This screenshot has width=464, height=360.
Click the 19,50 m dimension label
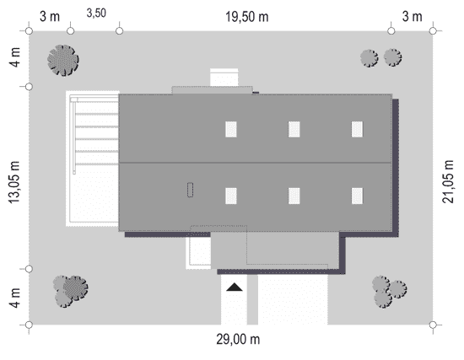pyautogui.click(x=247, y=17)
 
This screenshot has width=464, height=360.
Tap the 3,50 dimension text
pyautogui.click(x=96, y=13)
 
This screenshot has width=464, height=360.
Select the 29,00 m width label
pyautogui.click(x=238, y=339)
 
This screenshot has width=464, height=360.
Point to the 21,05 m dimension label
pyautogui.click(x=448, y=181)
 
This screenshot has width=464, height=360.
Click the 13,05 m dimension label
pyautogui.click(x=13, y=182)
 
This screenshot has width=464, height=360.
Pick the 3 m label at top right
pyautogui.click(x=412, y=16)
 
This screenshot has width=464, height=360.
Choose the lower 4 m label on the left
pyautogui.click(x=15, y=298)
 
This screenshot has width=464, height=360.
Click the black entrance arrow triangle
pyautogui.click(x=235, y=287)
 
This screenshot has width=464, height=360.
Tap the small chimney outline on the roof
pyautogui.click(x=191, y=190)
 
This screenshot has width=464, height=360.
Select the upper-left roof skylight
pyautogui.click(x=231, y=129)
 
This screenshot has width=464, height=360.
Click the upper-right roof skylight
pyautogui.click(x=357, y=129)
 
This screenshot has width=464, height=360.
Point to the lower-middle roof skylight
pyautogui.click(x=294, y=196)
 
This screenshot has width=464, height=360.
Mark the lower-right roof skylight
pyautogui.click(x=357, y=196)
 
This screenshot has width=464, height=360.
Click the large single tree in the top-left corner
pyautogui.click(x=63, y=61)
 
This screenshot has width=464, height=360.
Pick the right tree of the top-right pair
pyautogui.click(x=392, y=57)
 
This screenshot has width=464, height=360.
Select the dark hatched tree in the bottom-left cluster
pyautogui.click(x=76, y=287)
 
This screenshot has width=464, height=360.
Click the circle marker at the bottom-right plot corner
pyautogui.click(x=433, y=325)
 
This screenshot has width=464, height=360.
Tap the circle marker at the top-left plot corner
pyautogui.click(x=29, y=30)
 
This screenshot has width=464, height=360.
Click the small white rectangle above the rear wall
pyautogui.click(x=224, y=78)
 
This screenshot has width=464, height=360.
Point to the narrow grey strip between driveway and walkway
pyautogui.click(x=252, y=299)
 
